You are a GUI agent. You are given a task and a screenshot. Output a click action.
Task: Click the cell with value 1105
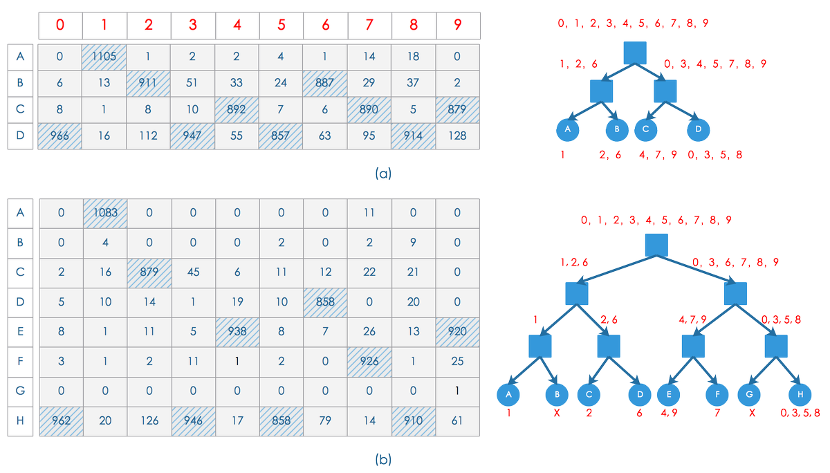tap(104, 56)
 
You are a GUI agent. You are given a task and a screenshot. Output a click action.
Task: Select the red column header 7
tap(369, 25)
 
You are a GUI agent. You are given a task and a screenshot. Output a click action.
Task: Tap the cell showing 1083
tap(104, 213)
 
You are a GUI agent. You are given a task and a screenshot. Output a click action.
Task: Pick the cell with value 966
tap(60, 136)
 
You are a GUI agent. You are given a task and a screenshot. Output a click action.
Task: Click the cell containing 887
tap(324, 82)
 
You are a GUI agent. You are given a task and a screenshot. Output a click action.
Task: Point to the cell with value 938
tap(237, 331)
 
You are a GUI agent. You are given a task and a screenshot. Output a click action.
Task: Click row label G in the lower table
tap(20, 390)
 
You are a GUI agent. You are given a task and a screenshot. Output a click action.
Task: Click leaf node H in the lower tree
tap(800, 394)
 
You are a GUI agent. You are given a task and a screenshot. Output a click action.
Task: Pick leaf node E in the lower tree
tap(669, 394)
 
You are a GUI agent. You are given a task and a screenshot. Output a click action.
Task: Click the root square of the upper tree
tap(634, 53)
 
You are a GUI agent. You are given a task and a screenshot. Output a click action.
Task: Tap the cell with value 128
tap(456, 136)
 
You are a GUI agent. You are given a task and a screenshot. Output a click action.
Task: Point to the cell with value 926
tap(369, 360)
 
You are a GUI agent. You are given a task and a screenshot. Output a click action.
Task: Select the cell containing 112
tap(148, 136)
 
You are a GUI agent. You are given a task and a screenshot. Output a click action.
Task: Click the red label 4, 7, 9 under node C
tap(658, 155)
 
